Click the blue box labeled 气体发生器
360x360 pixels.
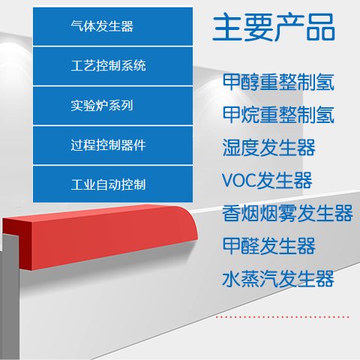[x=112, y=26]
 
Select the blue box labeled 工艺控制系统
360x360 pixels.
[x=112, y=66]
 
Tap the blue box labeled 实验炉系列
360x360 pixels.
[x=112, y=106]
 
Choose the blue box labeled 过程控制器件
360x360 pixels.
[x=112, y=145]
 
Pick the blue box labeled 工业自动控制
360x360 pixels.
[x=112, y=184]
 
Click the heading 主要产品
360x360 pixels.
[x=274, y=27]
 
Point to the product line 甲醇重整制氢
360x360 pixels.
[x=278, y=82]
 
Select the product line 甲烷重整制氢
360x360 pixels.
[x=278, y=115]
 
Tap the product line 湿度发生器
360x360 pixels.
[x=268, y=148]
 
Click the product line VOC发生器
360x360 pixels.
[x=267, y=180]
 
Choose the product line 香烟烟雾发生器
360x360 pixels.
[x=287, y=213]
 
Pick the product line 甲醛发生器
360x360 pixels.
[x=268, y=246]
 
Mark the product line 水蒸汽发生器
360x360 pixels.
[x=278, y=279]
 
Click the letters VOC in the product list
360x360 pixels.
[x=239, y=180]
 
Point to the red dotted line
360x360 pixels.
[x=283, y=317]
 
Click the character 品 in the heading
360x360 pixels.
[x=321, y=27]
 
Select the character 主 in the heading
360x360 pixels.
[x=226, y=27]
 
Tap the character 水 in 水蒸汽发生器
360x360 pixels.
[x=232, y=279]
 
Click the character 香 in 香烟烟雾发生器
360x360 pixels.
[x=232, y=213]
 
